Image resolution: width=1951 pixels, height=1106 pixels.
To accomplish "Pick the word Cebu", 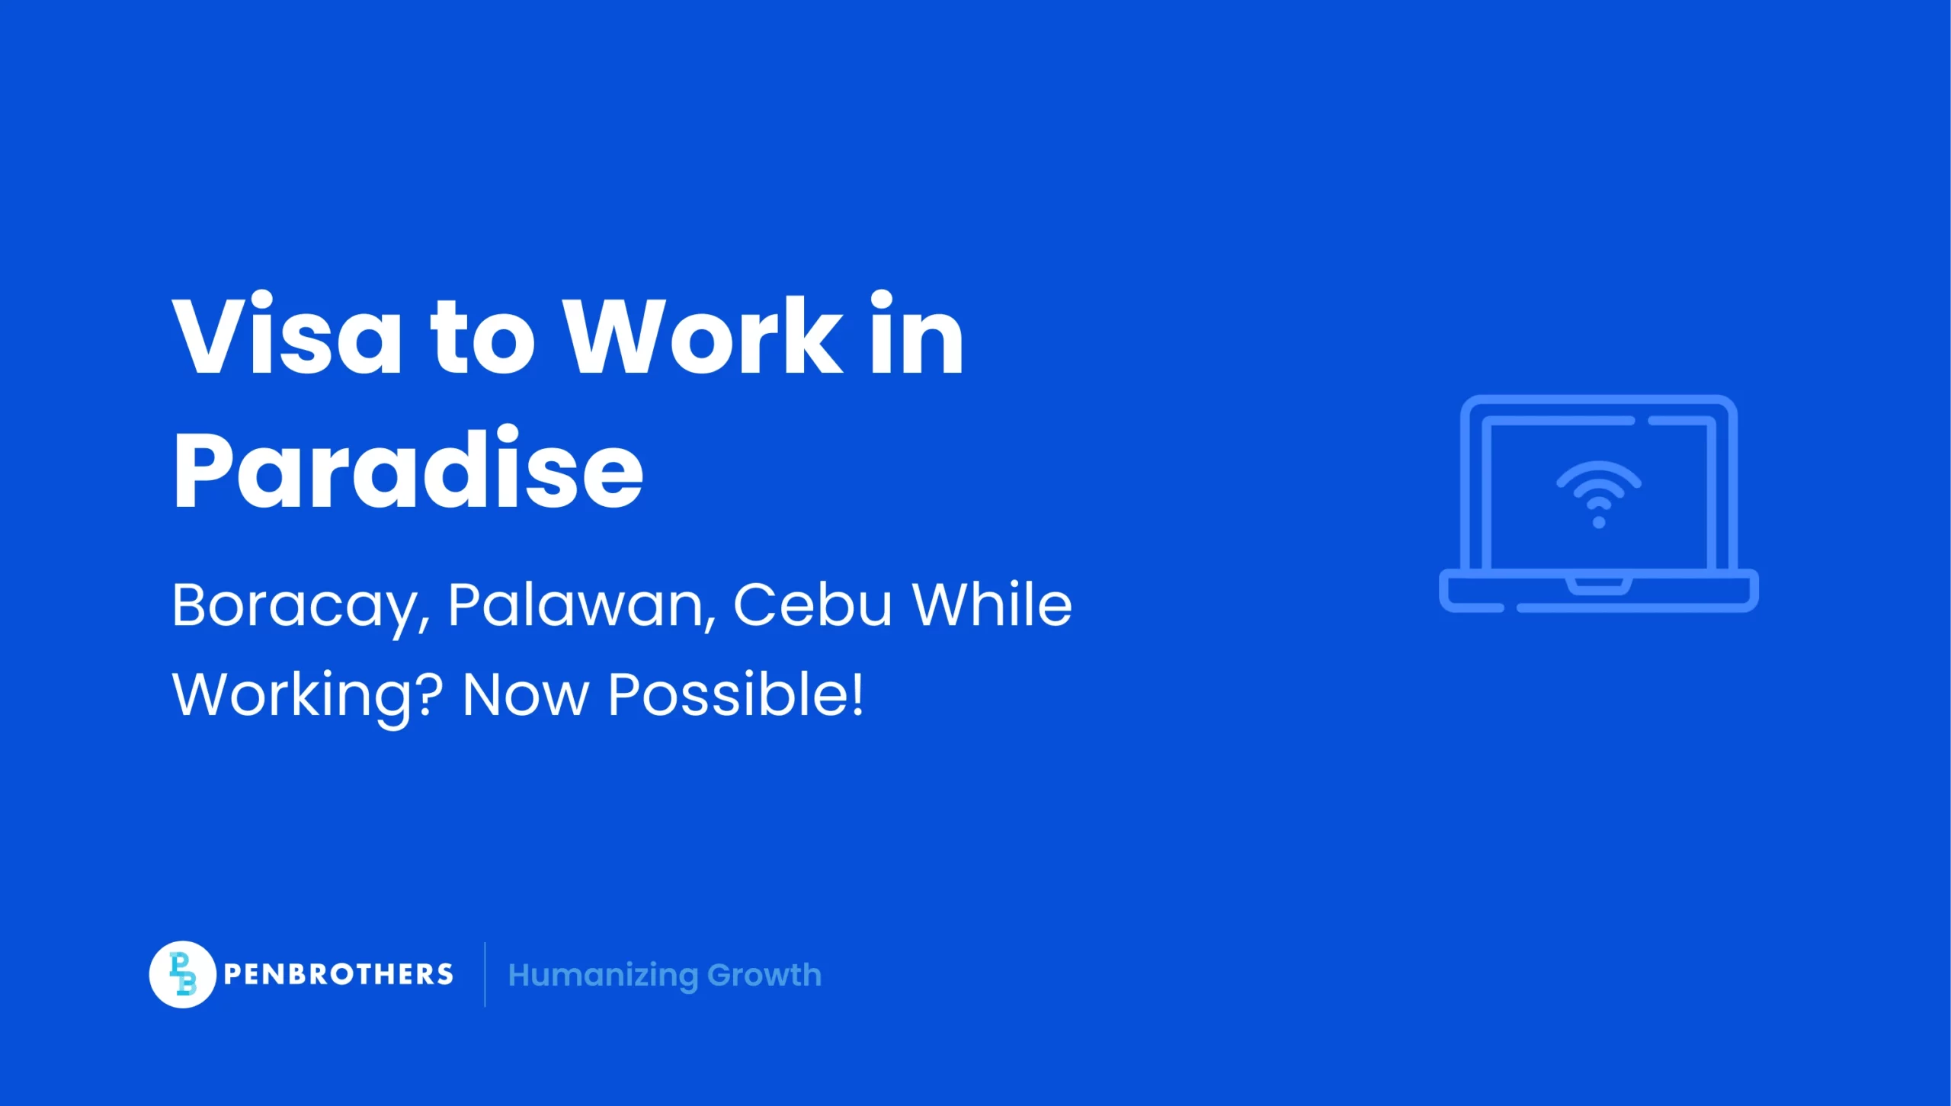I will click(812, 607).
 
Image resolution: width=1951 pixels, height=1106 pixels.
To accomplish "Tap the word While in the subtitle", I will click(992, 607).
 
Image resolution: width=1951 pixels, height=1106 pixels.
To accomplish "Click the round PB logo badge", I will click(182, 974).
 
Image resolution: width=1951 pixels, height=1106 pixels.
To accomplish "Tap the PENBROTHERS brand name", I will click(338, 975).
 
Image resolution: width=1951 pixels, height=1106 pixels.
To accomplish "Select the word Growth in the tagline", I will click(764, 976).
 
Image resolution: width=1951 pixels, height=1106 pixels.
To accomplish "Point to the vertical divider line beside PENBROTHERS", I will click(485, 975).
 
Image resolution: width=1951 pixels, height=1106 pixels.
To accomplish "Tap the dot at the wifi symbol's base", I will click(1599, 523).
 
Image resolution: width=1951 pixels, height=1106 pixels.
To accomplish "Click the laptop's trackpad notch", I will click(1599, 586).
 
